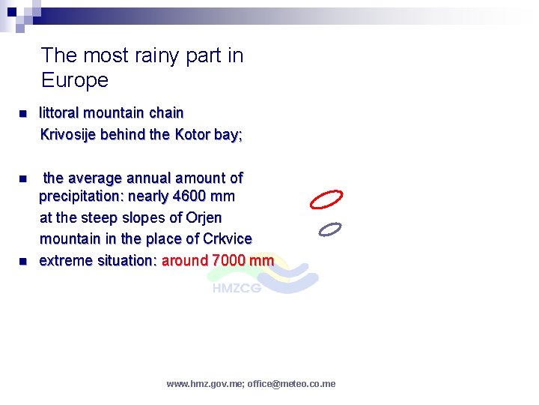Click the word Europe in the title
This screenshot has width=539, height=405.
click(x=75, y=80)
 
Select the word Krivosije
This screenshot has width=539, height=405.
click(x=67, y=135)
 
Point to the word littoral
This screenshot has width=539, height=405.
click(x=59, y=113)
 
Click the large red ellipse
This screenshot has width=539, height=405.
click(x=326, y=199)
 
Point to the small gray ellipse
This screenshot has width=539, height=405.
click(x=329, y=229)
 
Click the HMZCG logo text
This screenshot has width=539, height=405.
click(x=237, y=288)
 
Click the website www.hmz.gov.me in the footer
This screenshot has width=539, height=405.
click(x=204, y=384)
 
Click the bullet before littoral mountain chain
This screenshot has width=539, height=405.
click(x=22, y=114)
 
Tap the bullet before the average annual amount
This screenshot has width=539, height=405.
click(x=22, y=179)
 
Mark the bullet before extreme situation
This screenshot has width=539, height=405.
click(x=22, y=262)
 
